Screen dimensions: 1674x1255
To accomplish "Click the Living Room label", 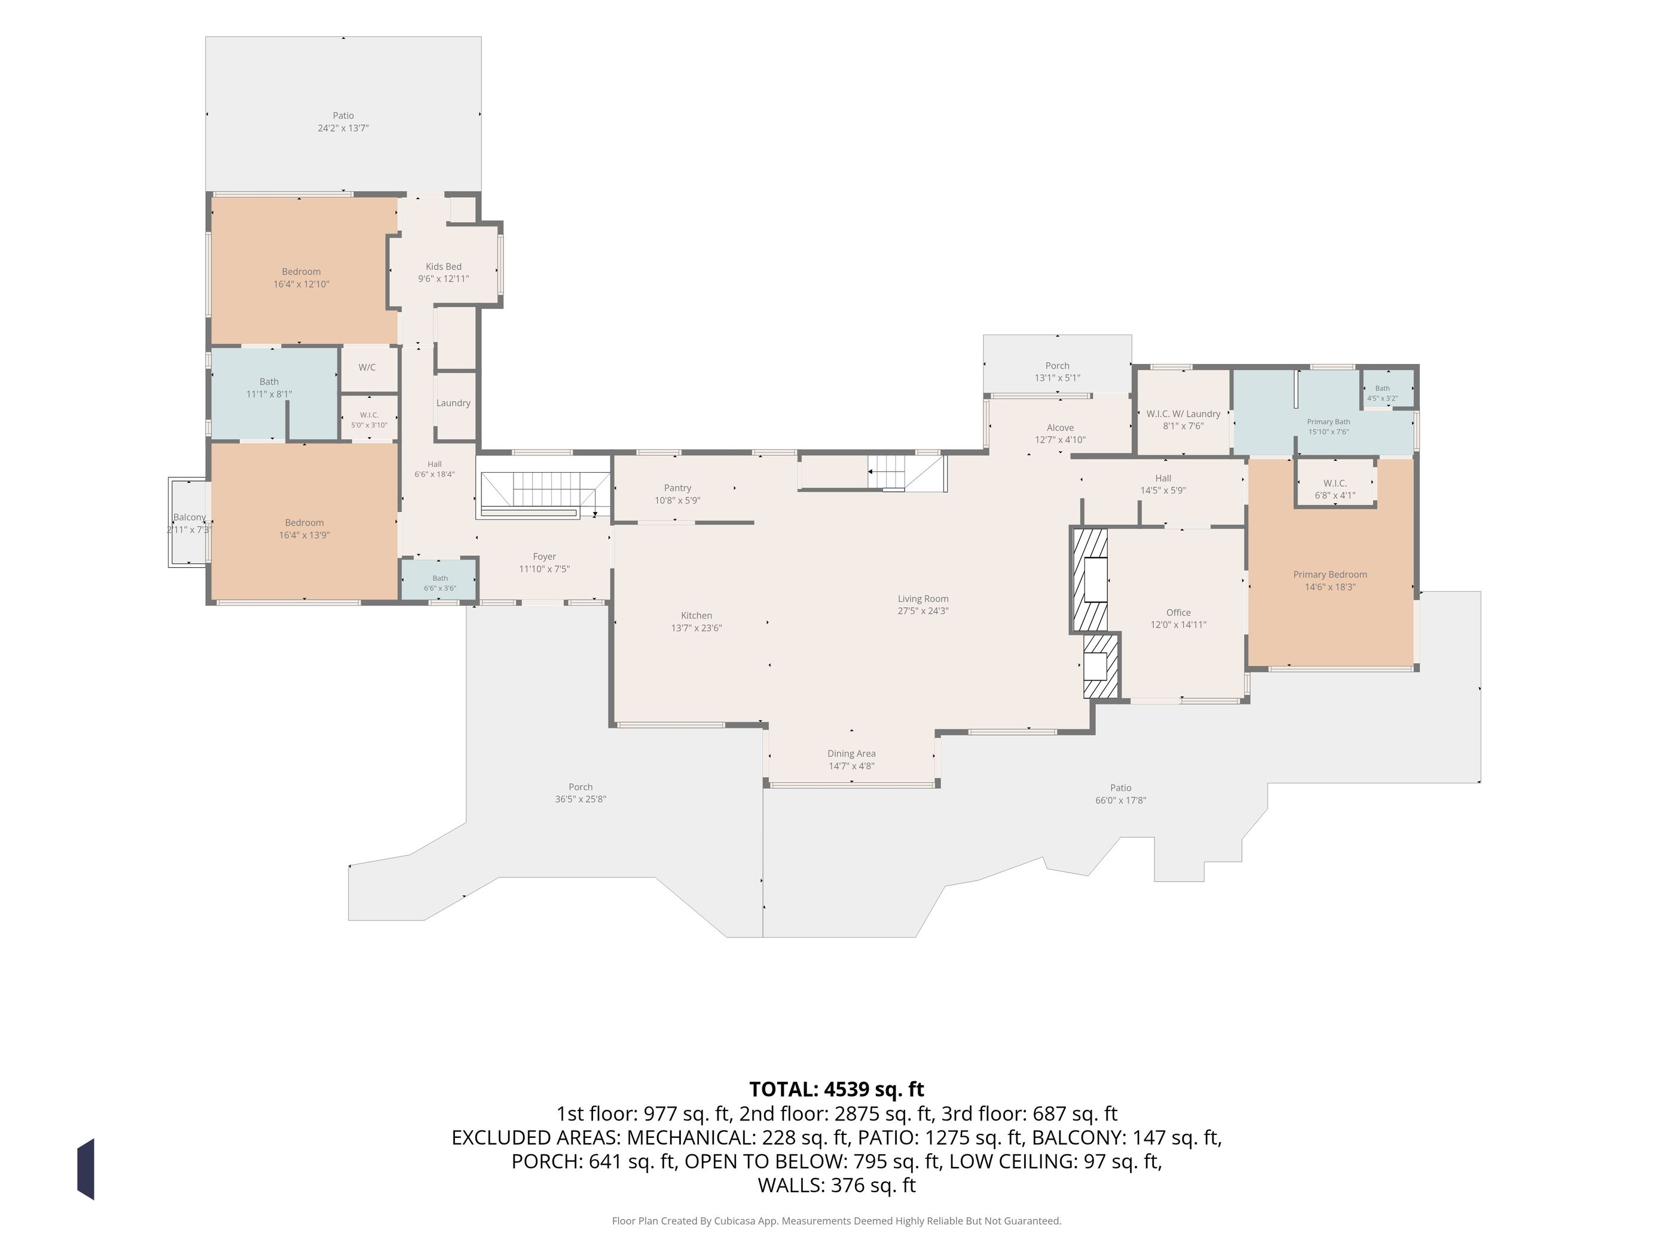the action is coord(922,598).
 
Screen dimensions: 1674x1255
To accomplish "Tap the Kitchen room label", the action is coord(697,615).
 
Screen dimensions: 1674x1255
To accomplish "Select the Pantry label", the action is coord(677,488).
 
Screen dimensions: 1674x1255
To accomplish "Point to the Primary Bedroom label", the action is coord(1330,574).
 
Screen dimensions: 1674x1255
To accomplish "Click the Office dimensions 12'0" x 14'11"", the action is coord(1178,625).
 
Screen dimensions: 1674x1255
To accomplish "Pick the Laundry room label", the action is coord(453,403).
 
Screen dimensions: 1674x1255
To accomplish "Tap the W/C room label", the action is coord(367,368).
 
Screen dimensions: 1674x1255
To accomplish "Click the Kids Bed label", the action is coord(444,267).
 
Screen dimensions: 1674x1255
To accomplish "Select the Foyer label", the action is coord(544,557).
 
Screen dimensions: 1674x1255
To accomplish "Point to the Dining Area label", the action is coord(851,754).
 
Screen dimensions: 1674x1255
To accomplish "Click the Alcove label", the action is coord(1060,427).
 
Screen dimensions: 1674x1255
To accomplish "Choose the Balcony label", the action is coord(189,518).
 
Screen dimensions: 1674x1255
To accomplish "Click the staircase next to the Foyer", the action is coord(545,492).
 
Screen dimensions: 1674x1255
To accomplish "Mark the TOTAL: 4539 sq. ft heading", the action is coord(836,1089).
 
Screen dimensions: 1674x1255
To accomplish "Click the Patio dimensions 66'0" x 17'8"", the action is coord(1121,800).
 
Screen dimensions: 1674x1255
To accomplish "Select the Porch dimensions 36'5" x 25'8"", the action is coord(581,799).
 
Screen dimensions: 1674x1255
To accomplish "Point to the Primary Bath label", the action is coord(1328,422).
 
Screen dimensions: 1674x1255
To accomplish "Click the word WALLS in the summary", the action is coord(789,1186).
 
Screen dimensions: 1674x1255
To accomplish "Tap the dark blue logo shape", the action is coord(85,1169).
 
